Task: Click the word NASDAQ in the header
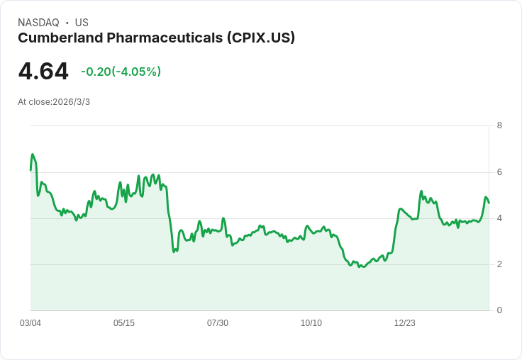(x=38, y=23)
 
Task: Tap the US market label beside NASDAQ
(x=82, y=23)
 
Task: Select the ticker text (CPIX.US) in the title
(x=260, y=38)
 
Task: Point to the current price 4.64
(x=43, y=72)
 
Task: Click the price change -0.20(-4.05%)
(x=121, y=72)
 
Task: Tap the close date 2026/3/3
(x=71, y=102)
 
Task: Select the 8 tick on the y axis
(x=499, y=125)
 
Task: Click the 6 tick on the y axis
(x=499, y=171)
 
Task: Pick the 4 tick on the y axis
(x=499, y=218)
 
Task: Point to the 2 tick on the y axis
(x=499, y=264)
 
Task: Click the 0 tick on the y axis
(x=499, y=310)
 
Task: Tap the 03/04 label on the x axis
(x=30, y=323)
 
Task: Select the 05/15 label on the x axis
(x=124, y=323)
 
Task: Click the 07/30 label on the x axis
(x=218, y=323)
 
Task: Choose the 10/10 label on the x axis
(x=311, y=323)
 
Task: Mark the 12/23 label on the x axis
(x=405, y=323)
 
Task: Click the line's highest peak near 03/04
(x=32, y=154)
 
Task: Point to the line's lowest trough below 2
(x=360, y=267)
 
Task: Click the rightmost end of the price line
(x=489, y=203)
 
